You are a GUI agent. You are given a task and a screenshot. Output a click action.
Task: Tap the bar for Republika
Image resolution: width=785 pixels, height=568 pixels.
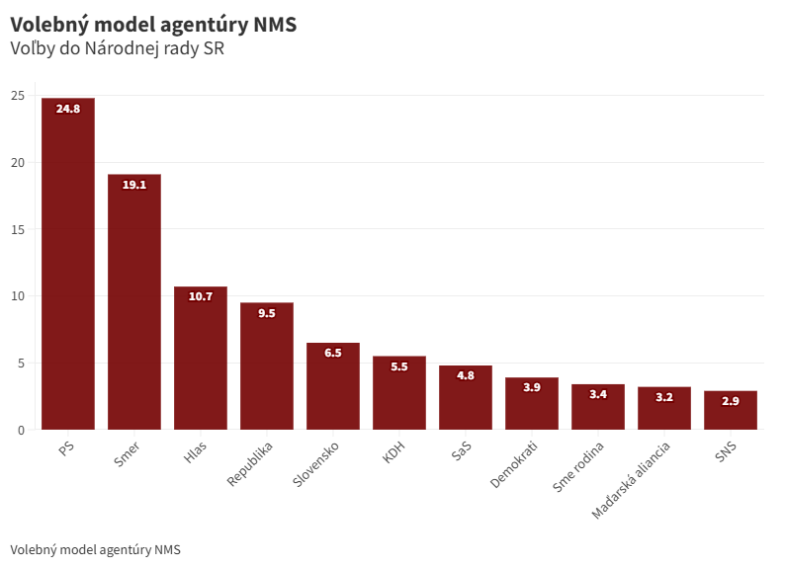(267, 365)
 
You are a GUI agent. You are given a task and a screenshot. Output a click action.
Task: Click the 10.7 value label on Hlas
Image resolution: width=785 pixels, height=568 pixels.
(201, 296)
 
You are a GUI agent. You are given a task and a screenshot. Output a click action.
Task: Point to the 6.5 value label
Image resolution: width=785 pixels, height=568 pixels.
(333, 353)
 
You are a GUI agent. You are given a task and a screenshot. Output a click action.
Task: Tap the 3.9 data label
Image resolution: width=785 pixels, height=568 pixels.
(532, 387)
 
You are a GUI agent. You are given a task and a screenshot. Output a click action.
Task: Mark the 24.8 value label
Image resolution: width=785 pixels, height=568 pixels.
(68, 109)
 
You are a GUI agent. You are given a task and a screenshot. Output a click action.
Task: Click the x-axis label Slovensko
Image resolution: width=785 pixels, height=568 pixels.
(317, 464)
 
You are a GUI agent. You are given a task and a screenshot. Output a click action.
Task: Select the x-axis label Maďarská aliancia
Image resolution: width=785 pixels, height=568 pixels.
(631, 481)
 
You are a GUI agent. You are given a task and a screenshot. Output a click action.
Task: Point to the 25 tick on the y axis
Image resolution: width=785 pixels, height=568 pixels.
(18, 96)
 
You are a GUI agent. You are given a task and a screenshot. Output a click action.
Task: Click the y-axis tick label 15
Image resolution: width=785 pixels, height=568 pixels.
(18, 229)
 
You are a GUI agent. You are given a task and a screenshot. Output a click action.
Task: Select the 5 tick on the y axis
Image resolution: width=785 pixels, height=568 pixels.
(21, 363)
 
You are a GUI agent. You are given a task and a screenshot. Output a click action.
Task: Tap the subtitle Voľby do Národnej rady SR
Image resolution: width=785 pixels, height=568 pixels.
(117, 48)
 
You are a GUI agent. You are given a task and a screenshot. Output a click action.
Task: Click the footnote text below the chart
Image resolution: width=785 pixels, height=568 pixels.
(95, 549)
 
